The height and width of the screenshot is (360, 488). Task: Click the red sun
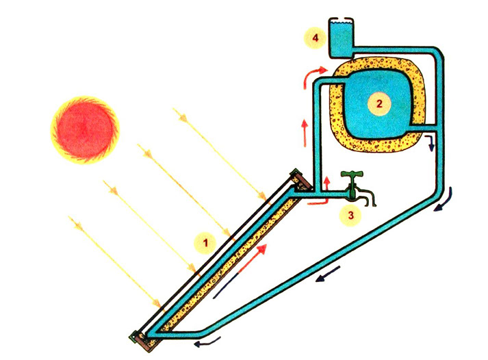coord(85,130)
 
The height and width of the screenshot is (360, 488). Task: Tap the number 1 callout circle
coord(205,242)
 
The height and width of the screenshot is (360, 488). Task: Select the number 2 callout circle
coord(379,103)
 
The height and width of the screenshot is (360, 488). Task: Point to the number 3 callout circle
coord(350,215)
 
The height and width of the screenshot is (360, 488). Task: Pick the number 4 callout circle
coord(316,38)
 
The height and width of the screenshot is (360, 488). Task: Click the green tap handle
coord(352,174)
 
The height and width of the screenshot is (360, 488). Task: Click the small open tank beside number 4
coord(342,38)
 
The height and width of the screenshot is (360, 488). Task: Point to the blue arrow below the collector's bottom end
coord(207,343)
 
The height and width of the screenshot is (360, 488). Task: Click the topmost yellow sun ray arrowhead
coord(183,118)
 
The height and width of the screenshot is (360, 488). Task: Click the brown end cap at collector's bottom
coord(147,342)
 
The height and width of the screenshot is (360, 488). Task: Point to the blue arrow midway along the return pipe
coord(327,274)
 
